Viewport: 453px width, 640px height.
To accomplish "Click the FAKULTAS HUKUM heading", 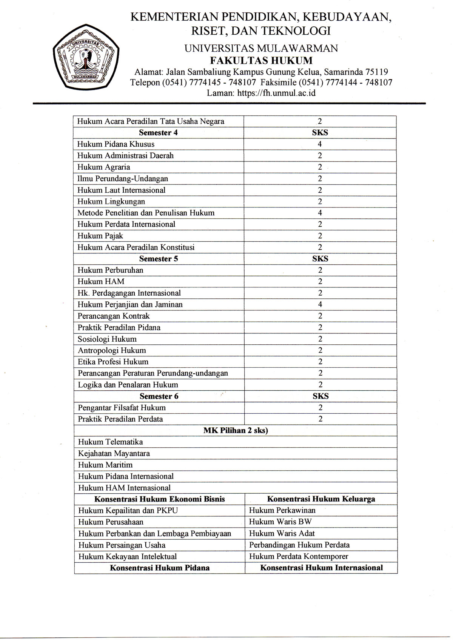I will coord(261,60).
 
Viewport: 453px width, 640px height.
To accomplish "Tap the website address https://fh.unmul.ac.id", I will coord(261,93).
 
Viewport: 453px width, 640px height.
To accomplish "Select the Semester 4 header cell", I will coord(158,132).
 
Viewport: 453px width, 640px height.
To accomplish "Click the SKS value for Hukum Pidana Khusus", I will coord(320,144).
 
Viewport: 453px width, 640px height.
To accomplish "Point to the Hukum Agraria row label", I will coord(104,167).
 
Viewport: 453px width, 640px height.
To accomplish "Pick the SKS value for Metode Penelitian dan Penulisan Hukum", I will coord(320,213).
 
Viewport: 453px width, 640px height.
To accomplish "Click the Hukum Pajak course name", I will coord(100,236).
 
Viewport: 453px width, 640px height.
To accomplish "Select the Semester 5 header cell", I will coord(159,259).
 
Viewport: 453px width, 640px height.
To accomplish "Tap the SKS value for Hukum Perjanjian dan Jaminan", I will coord(320,304).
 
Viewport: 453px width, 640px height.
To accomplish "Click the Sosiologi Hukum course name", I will coord(107,339).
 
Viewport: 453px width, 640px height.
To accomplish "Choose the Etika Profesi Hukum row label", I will coord(113,362).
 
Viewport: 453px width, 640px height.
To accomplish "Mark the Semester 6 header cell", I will coord(159,396).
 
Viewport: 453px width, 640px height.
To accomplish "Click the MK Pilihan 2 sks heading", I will coord(236,430).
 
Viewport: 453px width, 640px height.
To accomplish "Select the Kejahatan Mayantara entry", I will coord(114,453).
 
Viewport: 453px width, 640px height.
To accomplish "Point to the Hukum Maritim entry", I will coord(105,465).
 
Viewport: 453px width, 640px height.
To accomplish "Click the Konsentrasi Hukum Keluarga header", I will coord(321,499).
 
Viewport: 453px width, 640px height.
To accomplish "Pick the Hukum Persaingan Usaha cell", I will coord(122,545).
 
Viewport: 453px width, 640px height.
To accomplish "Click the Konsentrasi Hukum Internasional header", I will coord(321,568).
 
